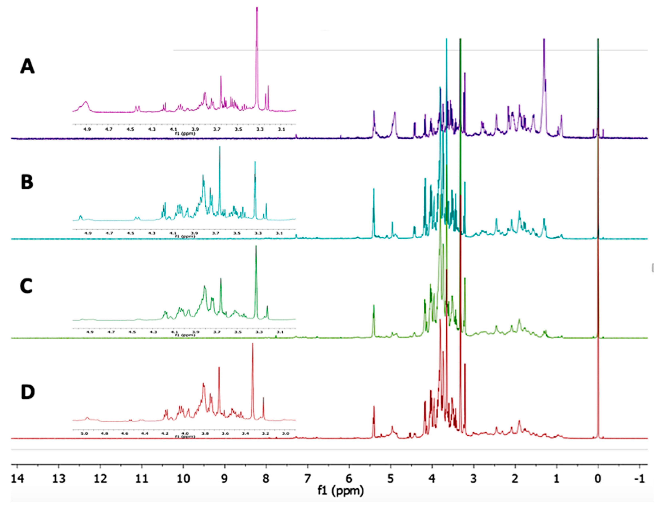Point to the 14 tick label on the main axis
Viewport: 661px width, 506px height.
(17, 478)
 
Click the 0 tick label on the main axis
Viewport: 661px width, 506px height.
(598, 478)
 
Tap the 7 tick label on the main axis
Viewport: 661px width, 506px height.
(307, 478)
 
